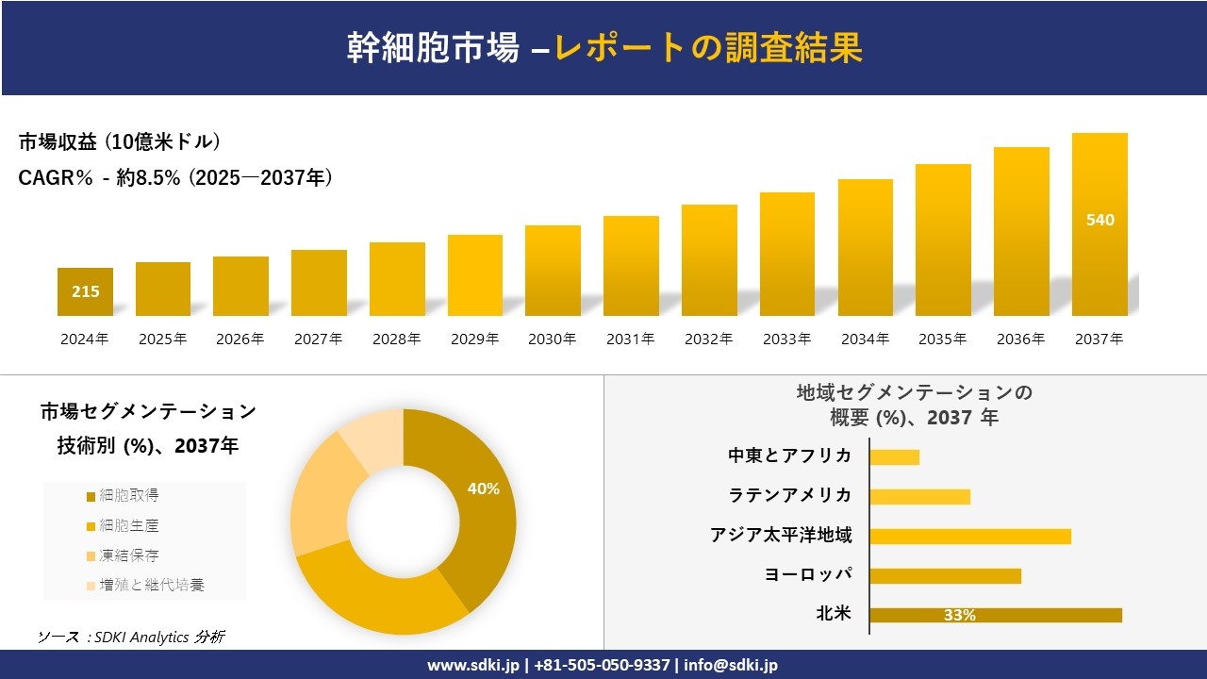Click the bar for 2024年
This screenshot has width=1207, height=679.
tap(85, 291)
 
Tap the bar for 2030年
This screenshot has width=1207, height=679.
tap(553, 271)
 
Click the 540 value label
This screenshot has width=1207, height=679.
tap(1100, 220)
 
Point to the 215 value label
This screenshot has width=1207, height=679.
tap(85, 291)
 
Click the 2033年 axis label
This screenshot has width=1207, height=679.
tap(786, 339)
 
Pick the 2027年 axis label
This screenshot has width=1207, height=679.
tap(319, 339)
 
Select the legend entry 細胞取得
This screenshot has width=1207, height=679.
tap(123, 495)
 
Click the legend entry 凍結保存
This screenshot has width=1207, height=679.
tap(123, 555)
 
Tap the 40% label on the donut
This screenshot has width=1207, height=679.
tap(483, 489)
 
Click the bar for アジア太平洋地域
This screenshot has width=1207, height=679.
tap(970, 536)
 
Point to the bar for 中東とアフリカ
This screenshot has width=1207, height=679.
tap(894, 456)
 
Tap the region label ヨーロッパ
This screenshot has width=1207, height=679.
tap(808, 574)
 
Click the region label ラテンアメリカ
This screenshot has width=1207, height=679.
tap(790, 495)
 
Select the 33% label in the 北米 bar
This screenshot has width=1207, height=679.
tap(959, 615)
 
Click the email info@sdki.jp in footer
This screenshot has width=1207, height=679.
tap(731, 665)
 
